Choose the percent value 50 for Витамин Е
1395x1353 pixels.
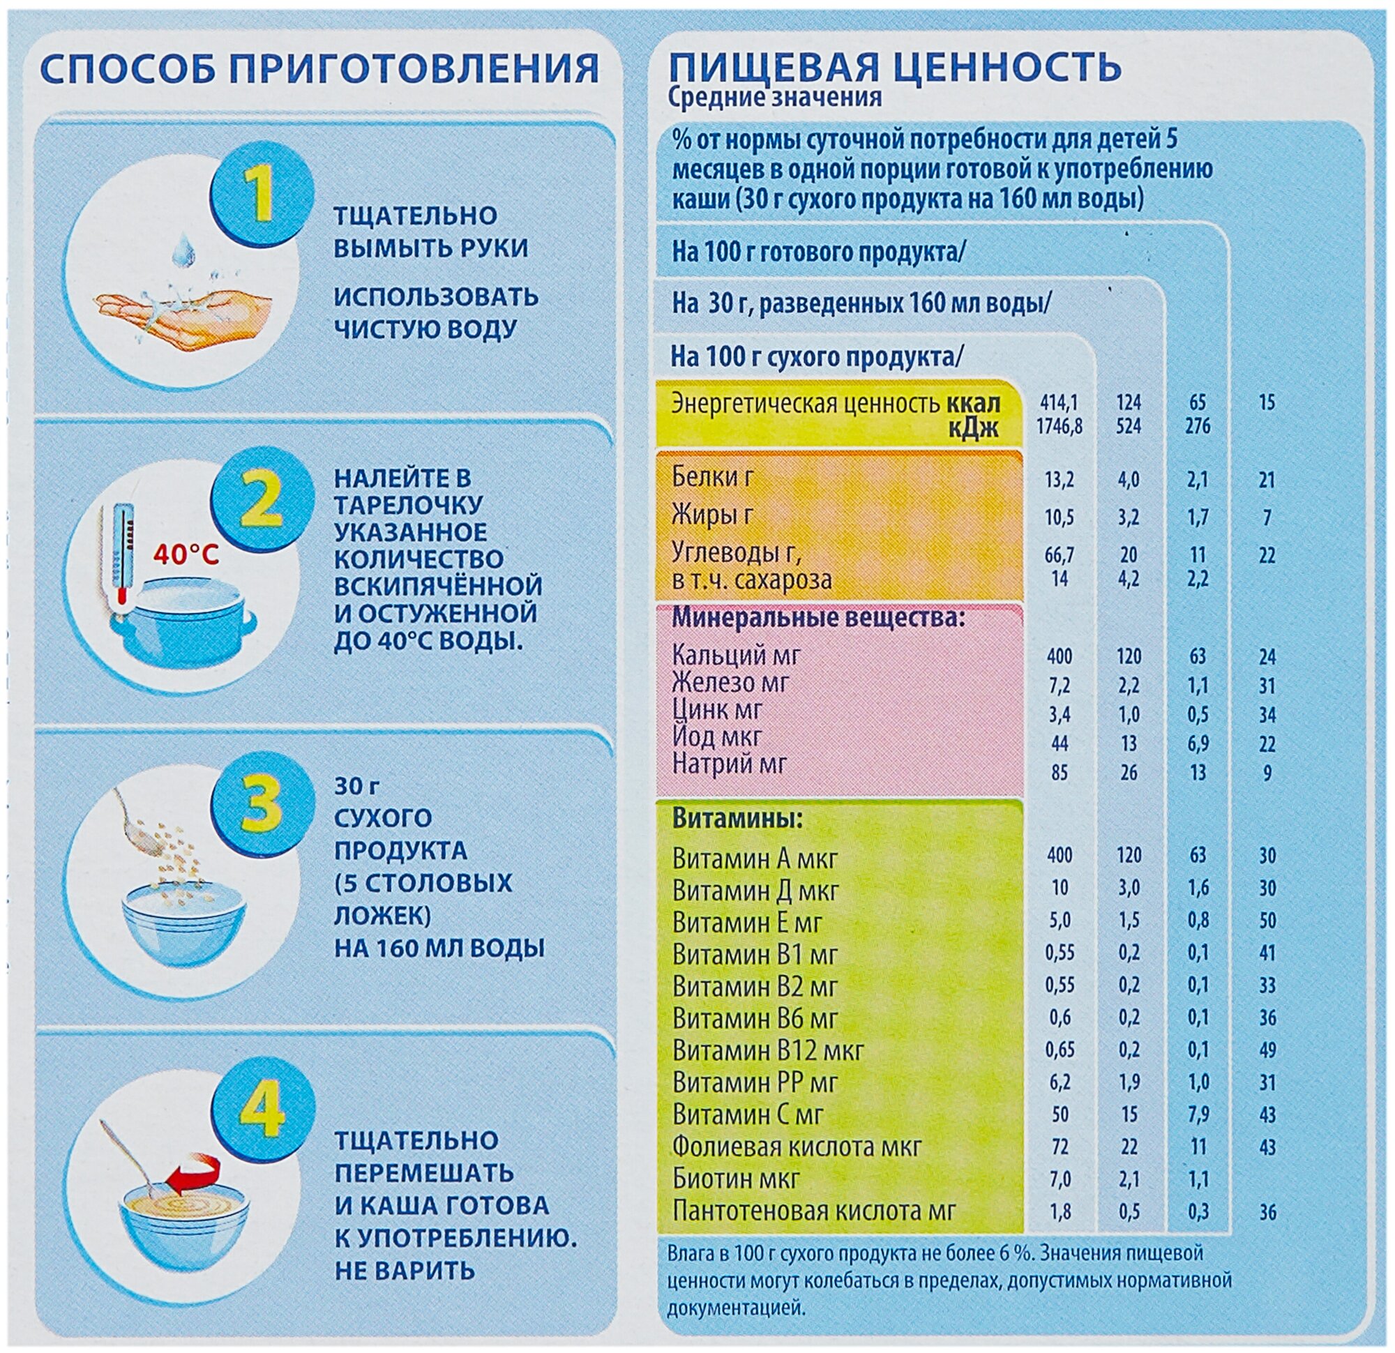coord(1267,921)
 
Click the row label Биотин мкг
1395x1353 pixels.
coord(737,1178)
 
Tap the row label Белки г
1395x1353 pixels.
coord(712,476)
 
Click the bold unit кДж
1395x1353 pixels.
coord(973,427)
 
